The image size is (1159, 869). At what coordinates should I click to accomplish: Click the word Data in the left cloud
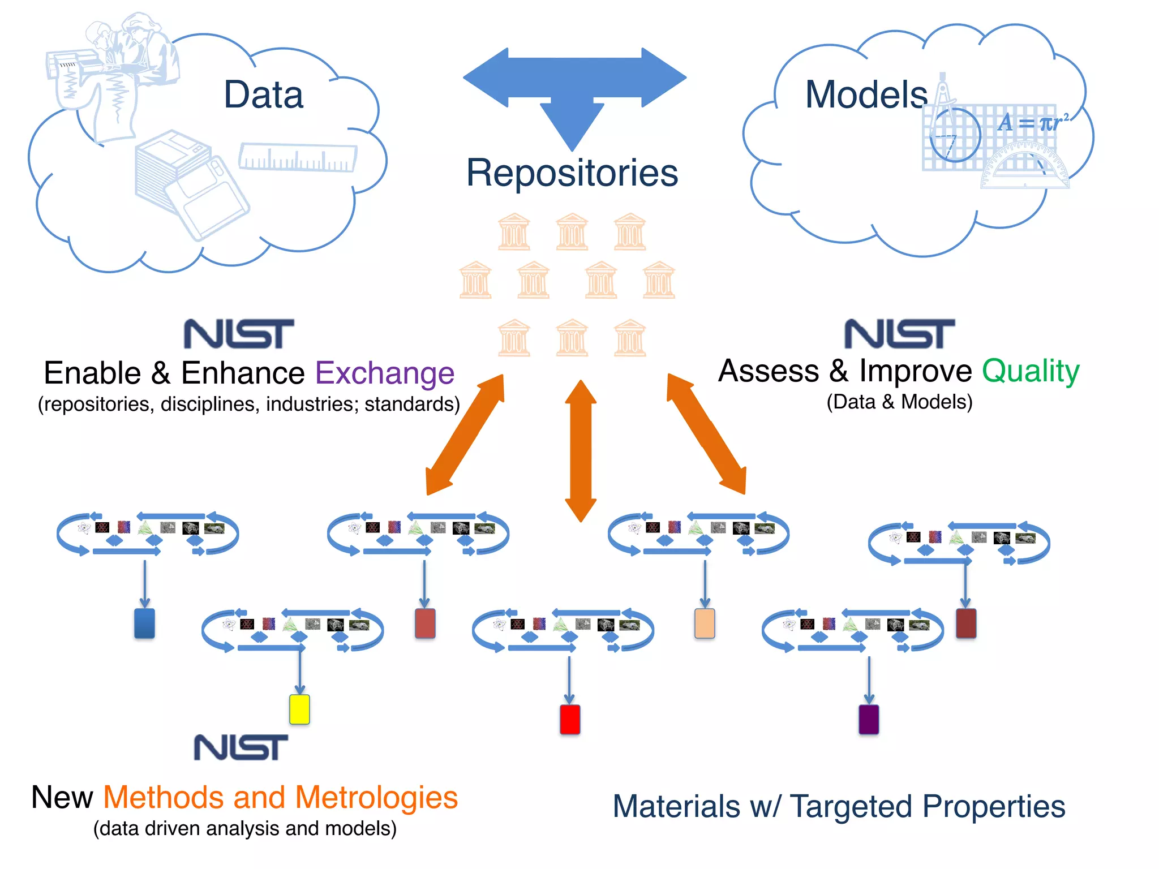point(263,94)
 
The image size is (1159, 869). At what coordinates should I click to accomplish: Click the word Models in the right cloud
point(866,94)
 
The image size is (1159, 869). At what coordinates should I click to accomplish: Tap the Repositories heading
point(572,173)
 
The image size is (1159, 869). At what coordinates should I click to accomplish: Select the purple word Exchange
point(384,373)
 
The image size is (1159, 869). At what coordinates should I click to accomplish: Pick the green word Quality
point(1031,372)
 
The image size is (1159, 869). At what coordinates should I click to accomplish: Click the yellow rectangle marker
point(299,709)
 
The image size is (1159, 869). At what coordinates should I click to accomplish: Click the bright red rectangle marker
point(570,719)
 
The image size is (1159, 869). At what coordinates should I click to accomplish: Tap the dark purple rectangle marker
point(869,719)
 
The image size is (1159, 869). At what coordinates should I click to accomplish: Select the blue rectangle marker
point(144,623)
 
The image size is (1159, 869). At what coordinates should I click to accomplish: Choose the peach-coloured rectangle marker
point(705,623)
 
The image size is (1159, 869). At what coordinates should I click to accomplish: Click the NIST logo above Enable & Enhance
point(239,334)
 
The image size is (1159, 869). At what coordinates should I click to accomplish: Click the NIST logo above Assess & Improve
point(899,334)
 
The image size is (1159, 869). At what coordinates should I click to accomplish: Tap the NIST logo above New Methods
point(241,747)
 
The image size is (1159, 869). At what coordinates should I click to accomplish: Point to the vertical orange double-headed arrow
point(581,450)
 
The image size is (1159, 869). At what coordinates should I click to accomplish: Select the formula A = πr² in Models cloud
point(1033,122)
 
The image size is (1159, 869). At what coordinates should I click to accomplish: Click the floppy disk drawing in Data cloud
point(192,184)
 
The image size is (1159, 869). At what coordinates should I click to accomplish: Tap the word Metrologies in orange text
point(376,798)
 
